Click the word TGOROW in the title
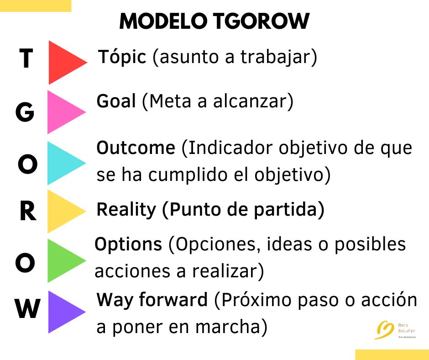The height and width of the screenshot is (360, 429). (x=263, y=21)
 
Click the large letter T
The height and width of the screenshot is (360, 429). (x=26, y=59)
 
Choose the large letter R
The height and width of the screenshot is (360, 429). (x=27, y=212)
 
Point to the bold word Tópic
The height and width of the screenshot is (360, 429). (x=122, y=58)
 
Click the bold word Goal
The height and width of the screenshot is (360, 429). (x=116, y=101)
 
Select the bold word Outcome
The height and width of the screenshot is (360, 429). (x=136, y=148)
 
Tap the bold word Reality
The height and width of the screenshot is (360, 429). (x=126, y=210)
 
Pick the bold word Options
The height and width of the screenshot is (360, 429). (x=128, y=245)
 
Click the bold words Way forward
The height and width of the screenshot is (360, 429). (x=152, y=300)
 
